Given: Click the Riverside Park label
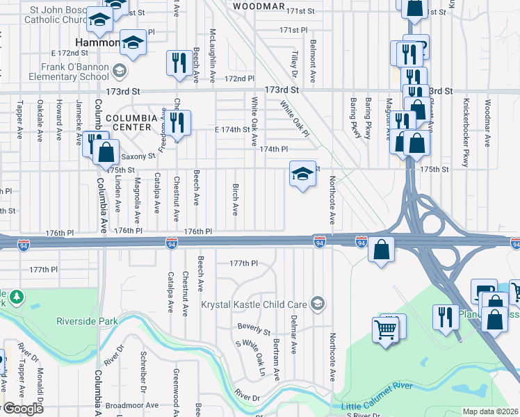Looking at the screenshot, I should click(x=87, y=322).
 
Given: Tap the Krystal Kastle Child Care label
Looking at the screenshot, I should click(x=254, y=304).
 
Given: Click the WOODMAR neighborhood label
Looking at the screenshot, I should click(x=259, y=6).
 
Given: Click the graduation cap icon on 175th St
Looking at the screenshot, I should click(x=301, y=174).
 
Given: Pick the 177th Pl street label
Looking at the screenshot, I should click(x=244, y=263).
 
